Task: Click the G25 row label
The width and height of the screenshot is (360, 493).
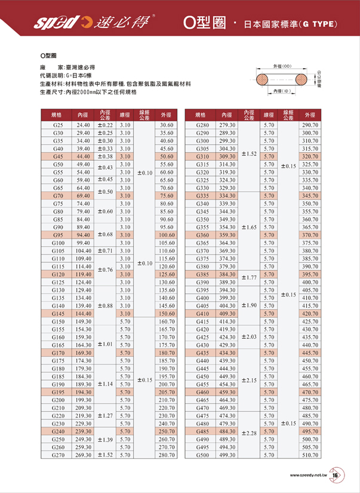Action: [x=58, y=125]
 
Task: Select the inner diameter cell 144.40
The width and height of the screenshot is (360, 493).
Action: [x=83, y=313]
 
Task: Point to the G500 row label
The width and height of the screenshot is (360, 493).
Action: [x=202, y=455]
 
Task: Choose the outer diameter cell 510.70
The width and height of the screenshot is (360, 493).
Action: [x=310, y=455]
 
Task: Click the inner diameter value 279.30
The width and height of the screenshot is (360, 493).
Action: [x=227, y=125]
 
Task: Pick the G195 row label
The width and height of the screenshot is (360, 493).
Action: [x=58, y=391]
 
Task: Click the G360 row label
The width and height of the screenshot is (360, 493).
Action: [x=202, y=235]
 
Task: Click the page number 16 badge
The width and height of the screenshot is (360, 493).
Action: [x=334, y=476]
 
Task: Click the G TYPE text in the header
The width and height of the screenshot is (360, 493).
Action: [x=319, y=25]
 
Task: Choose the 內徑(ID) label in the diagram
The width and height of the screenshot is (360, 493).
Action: [x=281, y=91]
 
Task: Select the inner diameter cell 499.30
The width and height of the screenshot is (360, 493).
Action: [x=227, y=455]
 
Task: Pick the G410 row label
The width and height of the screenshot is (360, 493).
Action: [x=202, y=313]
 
